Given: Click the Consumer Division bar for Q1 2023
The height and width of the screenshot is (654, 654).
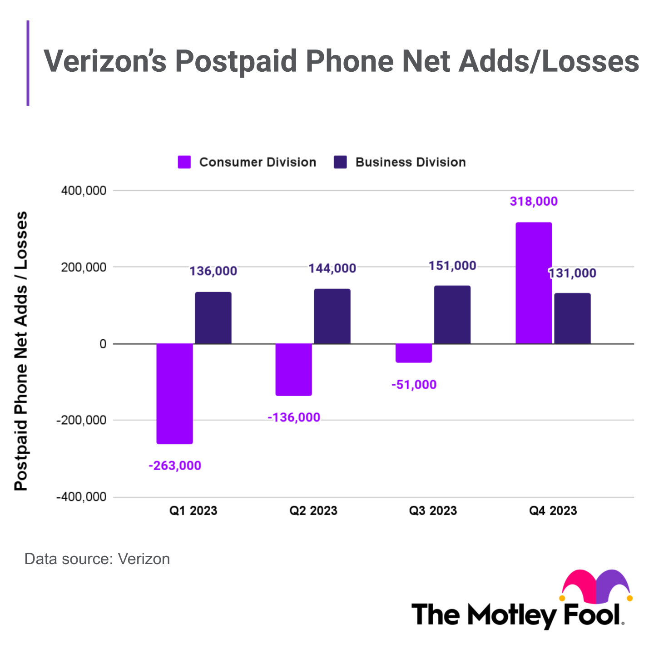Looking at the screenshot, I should click(175, 393).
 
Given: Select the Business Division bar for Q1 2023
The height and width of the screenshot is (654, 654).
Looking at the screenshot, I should click(213, 318).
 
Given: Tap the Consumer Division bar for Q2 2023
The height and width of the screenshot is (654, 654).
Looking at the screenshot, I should click(294, 369).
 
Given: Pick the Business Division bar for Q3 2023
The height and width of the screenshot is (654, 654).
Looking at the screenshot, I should click(452, 315).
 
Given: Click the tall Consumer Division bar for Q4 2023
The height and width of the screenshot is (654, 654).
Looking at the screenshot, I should click(534, 283).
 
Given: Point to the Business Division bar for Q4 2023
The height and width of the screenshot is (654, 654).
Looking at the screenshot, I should click(573, 318).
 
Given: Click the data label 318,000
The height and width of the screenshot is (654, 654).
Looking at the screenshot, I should click(534, 201).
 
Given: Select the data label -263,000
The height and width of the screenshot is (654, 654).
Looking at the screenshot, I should click(175, 466).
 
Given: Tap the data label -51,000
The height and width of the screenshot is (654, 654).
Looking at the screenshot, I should click(414, 385).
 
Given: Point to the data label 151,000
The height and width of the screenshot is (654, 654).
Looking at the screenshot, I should click(452, 266).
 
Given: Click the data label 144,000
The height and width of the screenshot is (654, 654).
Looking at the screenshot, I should click(332, 268).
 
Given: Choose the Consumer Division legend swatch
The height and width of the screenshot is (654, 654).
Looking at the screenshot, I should click(184, 162).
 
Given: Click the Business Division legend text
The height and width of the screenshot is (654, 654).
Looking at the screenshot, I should click(411, 162).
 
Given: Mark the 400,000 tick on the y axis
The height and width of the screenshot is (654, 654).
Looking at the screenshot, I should click(84, 191).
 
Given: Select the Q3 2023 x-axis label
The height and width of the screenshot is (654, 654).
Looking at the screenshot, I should click(433, 510).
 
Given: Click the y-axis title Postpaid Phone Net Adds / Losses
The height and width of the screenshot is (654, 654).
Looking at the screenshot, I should click(21, 351).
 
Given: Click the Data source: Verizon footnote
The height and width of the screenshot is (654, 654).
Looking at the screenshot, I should click(97, 559).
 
